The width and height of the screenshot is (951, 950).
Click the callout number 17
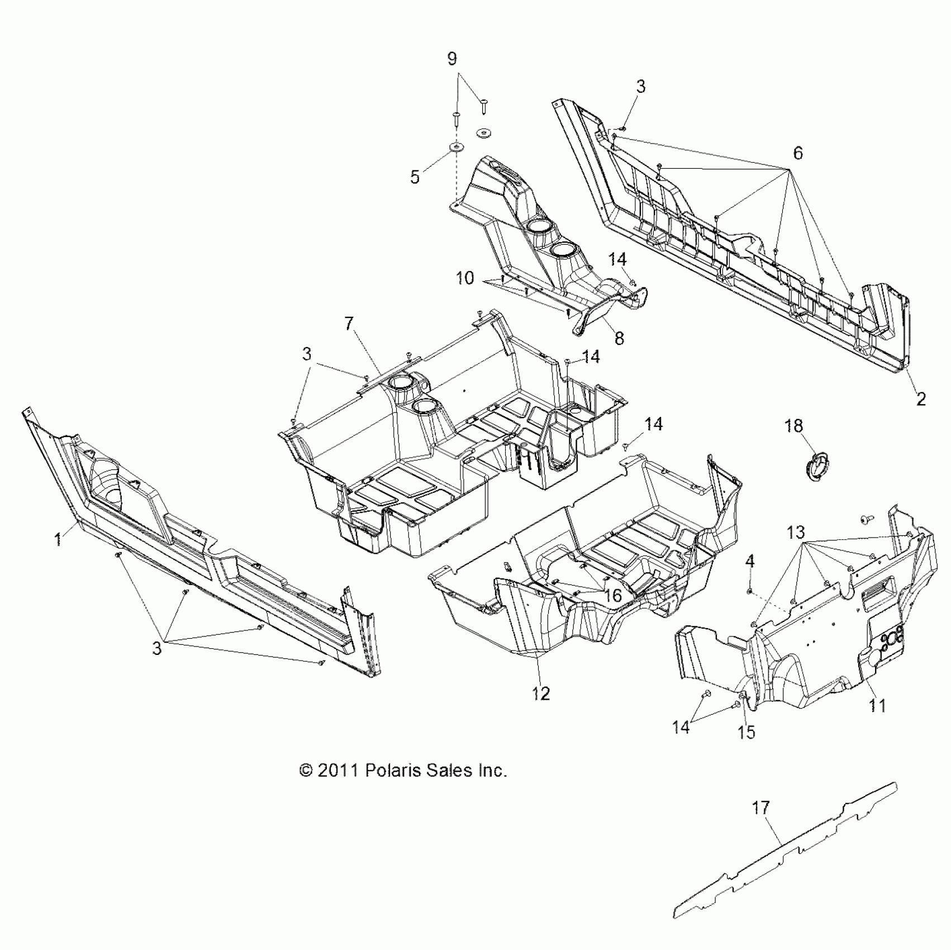coord(761,807)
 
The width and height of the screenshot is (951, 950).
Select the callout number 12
coord(541,693)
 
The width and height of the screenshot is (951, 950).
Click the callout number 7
coord(349,324)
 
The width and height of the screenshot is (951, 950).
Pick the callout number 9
coord(452,59)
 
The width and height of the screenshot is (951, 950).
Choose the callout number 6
coord(797,153)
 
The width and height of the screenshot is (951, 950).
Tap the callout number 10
coord(465,278)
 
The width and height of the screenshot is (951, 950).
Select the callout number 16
coord(613,596)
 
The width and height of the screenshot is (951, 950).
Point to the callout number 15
coord(746,731)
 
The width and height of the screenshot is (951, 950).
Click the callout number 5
coord(415,177)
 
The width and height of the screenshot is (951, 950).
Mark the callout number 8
coord(619,338)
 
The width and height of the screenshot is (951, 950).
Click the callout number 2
coord(920,398)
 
